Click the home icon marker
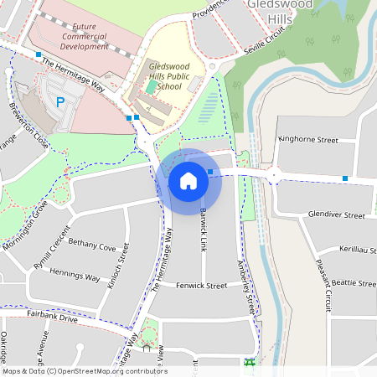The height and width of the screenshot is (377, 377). (x=188, y=181)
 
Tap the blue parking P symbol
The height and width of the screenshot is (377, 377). (x=59, y=102)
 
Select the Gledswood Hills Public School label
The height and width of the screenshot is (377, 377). (x=163, y=75)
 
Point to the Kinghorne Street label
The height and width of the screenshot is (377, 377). (x=307, y=140)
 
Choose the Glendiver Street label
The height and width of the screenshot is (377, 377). (x=337, y=215)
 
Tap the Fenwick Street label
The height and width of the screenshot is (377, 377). (x=205, y=286)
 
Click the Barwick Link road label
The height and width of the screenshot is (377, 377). (x=203, y=229)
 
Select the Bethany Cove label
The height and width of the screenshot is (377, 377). (x=92, y=247)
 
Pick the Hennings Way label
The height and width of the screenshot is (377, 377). (x=75, y=277)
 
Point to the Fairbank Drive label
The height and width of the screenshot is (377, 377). (x=52, y=319)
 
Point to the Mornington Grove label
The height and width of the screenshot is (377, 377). (x=23, y=225)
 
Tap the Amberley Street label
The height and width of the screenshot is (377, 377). (x=245, y=285)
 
